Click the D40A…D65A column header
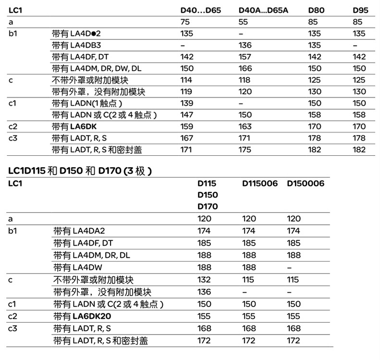263,10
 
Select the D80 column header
316,10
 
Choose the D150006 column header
306,184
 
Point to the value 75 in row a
184,22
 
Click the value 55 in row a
244,22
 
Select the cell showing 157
245,57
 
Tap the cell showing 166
245,68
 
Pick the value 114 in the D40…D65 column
186,80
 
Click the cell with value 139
186,103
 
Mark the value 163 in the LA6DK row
245,127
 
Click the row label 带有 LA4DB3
76,45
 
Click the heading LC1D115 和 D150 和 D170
80,170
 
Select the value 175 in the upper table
245,150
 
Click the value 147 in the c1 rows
186,115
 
